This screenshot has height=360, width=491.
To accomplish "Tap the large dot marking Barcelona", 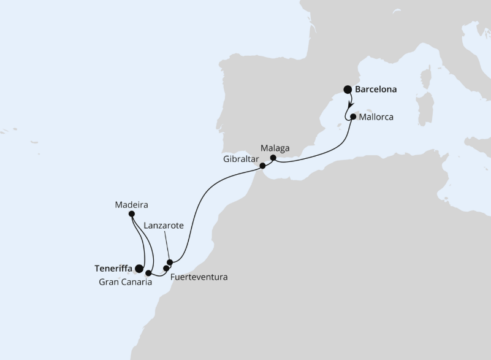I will click(x=348, y=89).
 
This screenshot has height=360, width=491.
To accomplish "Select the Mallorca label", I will click(x=376, y=117).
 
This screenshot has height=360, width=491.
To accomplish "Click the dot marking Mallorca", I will click(x=353, y=116).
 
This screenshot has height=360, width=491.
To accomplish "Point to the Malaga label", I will click(x=274, y=148).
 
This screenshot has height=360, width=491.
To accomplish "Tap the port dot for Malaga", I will click(x=273, y=158).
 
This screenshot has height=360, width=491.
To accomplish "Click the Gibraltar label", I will click(x=240, y=158).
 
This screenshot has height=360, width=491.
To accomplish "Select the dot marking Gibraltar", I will click(x=262, y=166).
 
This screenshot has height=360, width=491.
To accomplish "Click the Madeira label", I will click(x=132, y=204).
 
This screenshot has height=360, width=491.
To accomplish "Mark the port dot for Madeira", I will click(x=132, y=214).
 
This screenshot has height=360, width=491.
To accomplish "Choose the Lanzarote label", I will click(x=164, y=226).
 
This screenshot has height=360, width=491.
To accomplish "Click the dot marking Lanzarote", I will click(x=170, y=262).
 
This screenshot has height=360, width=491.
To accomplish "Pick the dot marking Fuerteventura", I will click(x=166, y=268).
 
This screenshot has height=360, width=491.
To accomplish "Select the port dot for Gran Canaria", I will click(x=148, y=272).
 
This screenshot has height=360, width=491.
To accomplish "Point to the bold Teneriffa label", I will click(x=115, y=268).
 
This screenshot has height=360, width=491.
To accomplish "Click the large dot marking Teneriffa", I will click(x=139, y=269).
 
